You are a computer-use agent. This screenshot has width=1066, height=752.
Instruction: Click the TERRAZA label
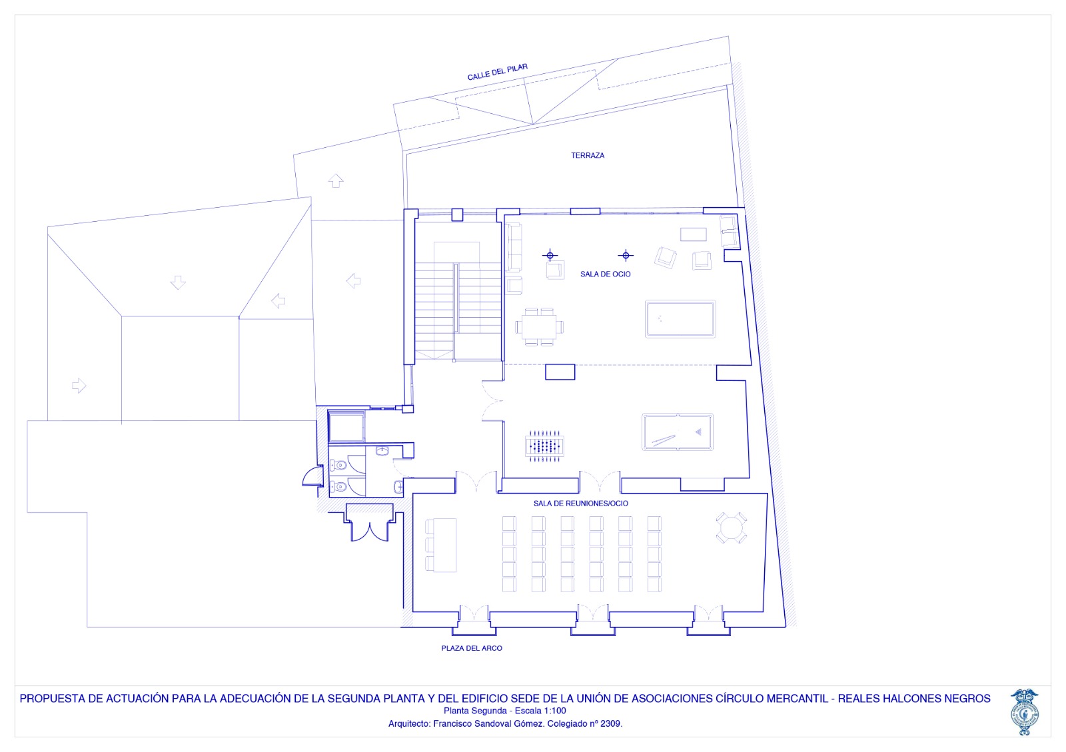click(x=587, y=155)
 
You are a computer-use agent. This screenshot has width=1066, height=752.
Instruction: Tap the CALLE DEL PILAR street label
click(x=497, y=72)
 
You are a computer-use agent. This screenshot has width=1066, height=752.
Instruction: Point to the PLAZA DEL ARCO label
click(x=472, y=648)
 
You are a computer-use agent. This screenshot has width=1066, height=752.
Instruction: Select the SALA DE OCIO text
click(x=606, y=274)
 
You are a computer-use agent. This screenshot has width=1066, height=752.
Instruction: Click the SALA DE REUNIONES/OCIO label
click(x=580, y=504)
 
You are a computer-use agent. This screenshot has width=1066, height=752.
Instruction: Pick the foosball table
click(x=544, y=446)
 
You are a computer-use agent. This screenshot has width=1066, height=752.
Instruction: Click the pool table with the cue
click(x=677, y=432)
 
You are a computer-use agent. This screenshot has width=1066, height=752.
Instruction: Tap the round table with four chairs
click(x=731, y=528)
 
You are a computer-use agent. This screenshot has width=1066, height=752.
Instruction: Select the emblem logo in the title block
click(x=1025, y=711)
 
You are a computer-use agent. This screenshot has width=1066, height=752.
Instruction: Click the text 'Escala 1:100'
click(x=540, y=711)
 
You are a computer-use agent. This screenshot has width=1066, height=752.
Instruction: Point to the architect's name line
click(x=506, y=723)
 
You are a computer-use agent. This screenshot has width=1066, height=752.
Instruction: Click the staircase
click(x=458, y=300)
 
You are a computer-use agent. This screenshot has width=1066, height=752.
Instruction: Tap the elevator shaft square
click(x=346, y=427)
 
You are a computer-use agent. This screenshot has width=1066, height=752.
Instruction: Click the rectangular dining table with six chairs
click(x=539, y=327)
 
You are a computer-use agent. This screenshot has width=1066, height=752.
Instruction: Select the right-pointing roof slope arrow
click(x=79, y=385)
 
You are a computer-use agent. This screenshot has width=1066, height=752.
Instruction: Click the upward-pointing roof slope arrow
click(x=336, y=181)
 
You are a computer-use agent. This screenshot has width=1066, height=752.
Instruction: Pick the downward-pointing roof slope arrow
click(x=178, y=282)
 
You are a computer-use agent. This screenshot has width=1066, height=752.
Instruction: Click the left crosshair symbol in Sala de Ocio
click(x=550, y=255)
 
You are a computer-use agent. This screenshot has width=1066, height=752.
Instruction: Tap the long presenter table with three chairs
click(x=440, y=545)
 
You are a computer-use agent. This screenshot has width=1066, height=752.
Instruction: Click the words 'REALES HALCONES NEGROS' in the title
click(x=913, y=698)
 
